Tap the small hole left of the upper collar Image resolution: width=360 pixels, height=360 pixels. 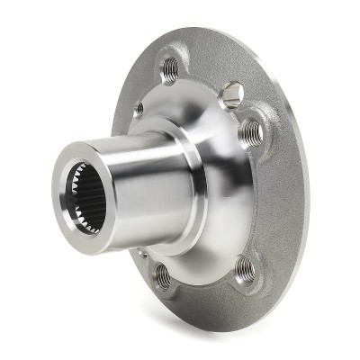[138, 110]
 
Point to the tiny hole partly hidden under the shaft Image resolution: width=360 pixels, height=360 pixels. [141, 256]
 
